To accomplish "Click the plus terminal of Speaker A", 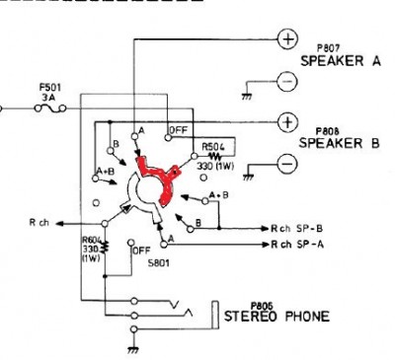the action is click(x=288, y=39).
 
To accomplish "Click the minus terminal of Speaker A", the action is click(x=287, y=81).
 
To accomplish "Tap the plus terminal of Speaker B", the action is click(x=288, y=122).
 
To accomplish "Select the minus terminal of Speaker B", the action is click(x=287, y=164).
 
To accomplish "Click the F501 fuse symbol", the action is click(x=50, y=108).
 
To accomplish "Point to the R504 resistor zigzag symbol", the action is click(x=214, y=156).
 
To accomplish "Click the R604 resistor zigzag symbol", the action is click(x=106, y=247).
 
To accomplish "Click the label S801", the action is click(x=159, y=263).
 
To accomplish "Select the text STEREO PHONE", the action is click(x=276, y=317).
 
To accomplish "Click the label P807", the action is click(x=328, y=48).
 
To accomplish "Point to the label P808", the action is click(x=327, y=131).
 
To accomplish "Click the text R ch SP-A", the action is click(x=297, y=245).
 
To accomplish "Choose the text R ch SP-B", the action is click(x=296, y=228).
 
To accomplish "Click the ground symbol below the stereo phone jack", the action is click(x=133, y=350).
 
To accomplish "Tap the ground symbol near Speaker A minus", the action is click(x=247, y=97).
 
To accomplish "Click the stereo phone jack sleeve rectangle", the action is click(x=215, y=315).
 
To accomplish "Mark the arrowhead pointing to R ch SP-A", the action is click(x=266, y=245).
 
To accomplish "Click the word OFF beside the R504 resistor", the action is click(x=179, y=130).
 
